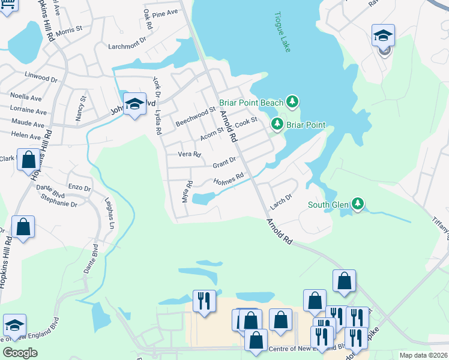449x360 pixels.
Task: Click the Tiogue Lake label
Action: [282, 32]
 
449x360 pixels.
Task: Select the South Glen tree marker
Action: [358, 205]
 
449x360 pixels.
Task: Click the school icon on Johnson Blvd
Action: [135, 104]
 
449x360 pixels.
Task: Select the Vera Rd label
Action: [190, 154]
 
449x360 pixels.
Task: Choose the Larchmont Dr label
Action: [127, 46]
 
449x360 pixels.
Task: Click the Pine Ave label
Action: [165, 13]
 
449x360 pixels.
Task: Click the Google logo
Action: [20, 352]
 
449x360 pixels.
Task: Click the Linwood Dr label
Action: [41, 78]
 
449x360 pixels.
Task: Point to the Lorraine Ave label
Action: [28, 112]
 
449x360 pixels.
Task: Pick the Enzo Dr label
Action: [79, 188]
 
